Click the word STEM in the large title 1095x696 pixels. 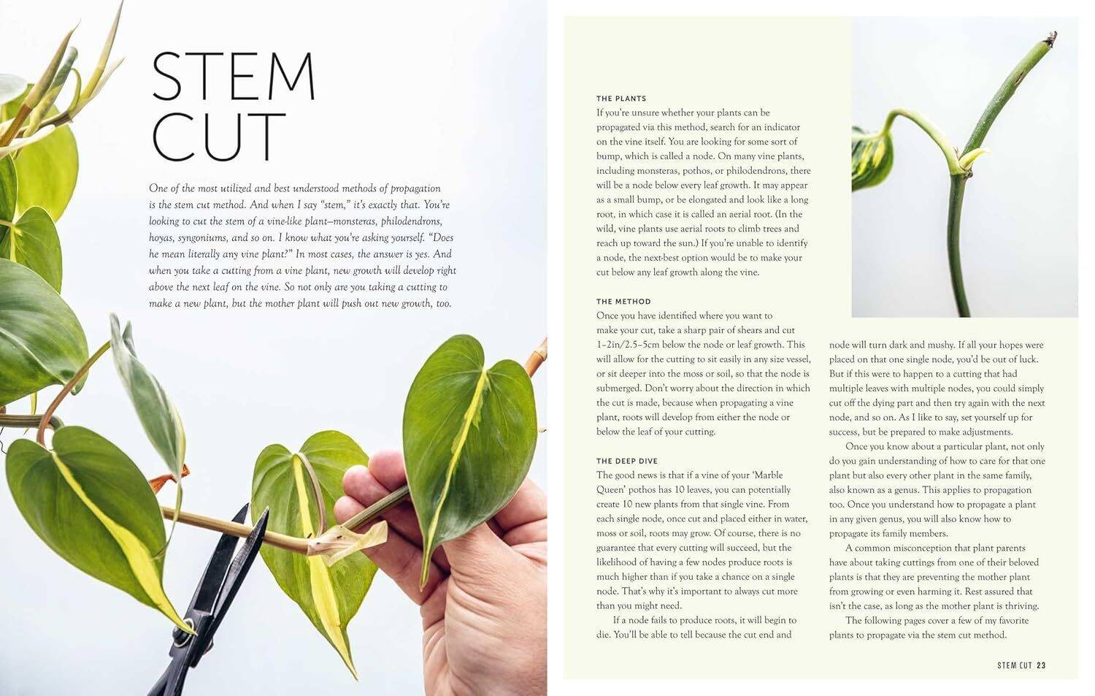coord(233,77)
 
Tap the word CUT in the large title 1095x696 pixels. coord(218,137)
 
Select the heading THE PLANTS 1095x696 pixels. coord(621,99)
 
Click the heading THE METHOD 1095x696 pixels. coord(623,302)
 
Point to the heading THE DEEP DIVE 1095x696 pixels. coord(627,462)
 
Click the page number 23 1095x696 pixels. coord(1041,665)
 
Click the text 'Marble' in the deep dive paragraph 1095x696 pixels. coord(768,475)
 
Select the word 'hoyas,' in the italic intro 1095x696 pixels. coord(164,238)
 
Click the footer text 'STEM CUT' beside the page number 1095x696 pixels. coord(1015,665)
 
